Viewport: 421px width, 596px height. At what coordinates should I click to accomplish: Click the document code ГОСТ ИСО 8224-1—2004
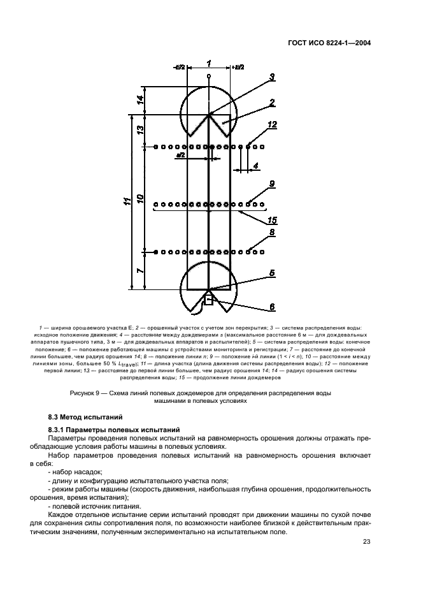pyautogui.click(x=329, y=43)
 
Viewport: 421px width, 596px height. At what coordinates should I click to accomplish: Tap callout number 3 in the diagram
pyautogui.click(x=272, y=77)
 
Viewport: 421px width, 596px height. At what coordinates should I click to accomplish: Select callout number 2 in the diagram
pyautogui.click(x=272, y=103)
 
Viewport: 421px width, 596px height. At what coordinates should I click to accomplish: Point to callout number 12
pyautogui.click(x=272, y=125)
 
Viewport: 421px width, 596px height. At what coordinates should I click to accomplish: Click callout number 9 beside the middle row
pyautogui.click(x=272, y=184)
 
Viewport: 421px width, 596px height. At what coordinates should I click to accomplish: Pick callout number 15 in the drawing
pyautogui.click(x=272, y=220)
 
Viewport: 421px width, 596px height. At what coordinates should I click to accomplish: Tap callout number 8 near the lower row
pyautogui.click(x=272, y=232)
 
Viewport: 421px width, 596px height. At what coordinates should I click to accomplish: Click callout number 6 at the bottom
pyautogui.click(x=272, y=307)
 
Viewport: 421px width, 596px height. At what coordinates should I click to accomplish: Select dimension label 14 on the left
pyautogui.click(x=139, y=99)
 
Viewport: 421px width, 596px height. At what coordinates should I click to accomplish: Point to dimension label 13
pyautogui.click(x=139, y=129)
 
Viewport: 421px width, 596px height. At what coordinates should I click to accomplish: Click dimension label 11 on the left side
pyautogui.click(x=128, y=201)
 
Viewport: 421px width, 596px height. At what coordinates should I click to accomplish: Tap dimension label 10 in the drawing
pyautogui.click(x=139, y=198)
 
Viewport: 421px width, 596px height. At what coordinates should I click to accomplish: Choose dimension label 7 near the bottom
pyautogui.click(x=139, y=270)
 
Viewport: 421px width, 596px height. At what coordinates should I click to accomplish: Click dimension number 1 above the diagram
pyautogui.click(x=209, y=63)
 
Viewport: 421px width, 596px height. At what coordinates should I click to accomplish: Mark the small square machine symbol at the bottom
pyautogui.click(x=208, y=300)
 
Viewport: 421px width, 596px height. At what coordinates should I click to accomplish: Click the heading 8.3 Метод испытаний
pyautogui.click(x=85, y=417)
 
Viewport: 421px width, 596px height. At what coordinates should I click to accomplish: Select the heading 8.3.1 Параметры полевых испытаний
pyautogui.click(x=114, y=430)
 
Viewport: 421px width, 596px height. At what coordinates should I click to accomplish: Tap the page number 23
pyautogui.click(x=367, y=542)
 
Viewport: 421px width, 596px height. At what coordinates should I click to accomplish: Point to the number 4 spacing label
pyautogui.click(x=255, y=166)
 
